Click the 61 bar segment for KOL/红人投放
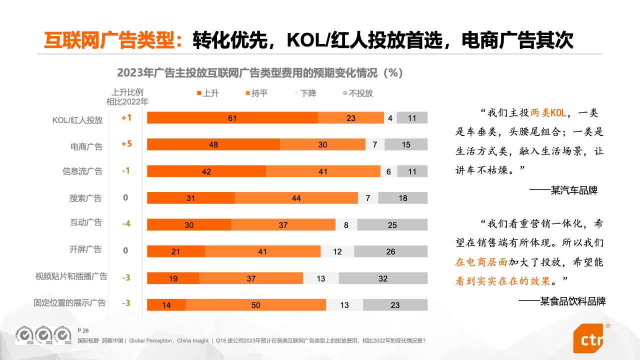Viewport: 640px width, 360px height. [x=232, y=118]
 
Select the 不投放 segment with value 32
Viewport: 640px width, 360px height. [x=383, y=278]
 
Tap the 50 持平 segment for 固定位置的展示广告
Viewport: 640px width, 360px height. [x=255, y=305]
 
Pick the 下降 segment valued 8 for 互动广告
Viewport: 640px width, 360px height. [x=346, y=225]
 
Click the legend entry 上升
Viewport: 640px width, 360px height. [x=207, y=93]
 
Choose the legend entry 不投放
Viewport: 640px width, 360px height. [x=357, y=93]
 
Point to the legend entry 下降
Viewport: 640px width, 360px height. [x=304, y=93]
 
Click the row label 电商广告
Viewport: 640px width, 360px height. [x=86, y=146]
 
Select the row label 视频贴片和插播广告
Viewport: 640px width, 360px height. [x=71, y=276]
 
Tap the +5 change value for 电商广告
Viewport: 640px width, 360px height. [x=126, y=144]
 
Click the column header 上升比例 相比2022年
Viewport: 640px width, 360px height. [x=127, y=97]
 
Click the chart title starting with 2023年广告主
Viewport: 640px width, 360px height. [x=260, y=73]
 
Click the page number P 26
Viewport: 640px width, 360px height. [x=83, y=330]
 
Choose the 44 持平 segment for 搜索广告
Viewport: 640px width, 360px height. [x=296, y=198]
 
